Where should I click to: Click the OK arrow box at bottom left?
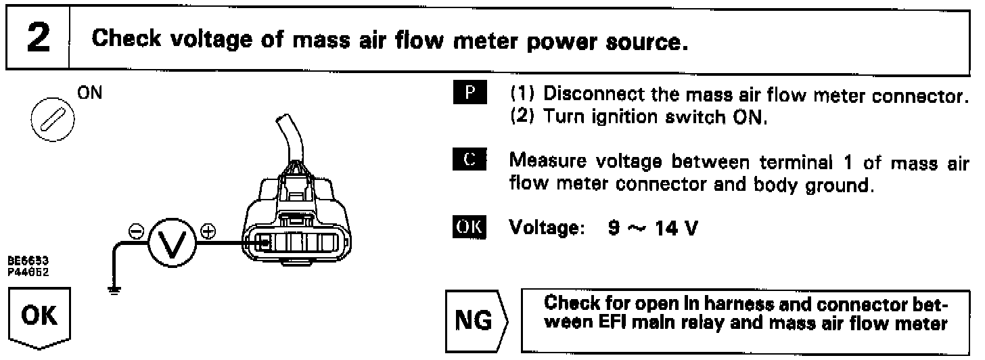[x=39, y=317]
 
